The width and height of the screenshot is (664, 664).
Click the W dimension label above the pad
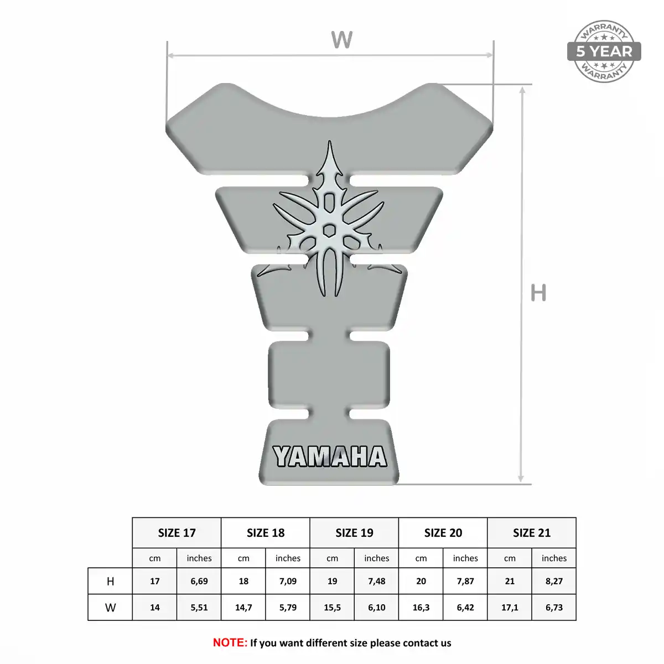(341, 40)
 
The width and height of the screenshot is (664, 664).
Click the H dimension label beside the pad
(538, 293)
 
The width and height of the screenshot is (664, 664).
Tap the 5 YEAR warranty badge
(604, 51)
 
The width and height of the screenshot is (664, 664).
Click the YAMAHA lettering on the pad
(330, 456)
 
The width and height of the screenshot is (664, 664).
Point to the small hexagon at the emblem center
(329, 230)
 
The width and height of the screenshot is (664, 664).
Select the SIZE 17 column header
(177, 533)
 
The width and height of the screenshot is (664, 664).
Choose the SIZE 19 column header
(354, 533)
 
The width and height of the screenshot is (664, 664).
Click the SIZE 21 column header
(532, 533)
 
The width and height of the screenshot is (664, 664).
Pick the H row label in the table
(110, 582)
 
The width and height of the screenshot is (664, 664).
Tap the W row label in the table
(110, 608)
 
